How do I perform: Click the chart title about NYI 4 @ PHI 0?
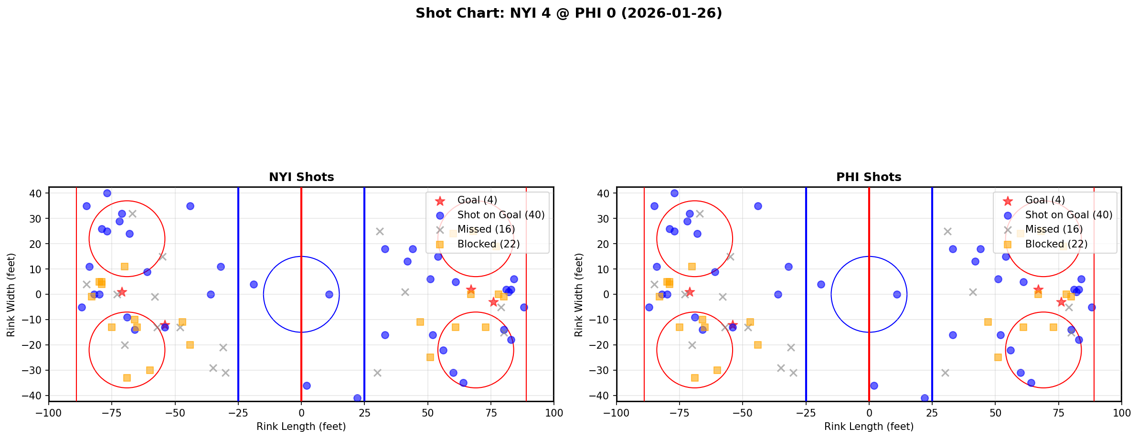[x=568, y=13]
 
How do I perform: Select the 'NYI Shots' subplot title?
[x=301, y=177]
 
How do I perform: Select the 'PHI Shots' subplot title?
[x=869, y=177]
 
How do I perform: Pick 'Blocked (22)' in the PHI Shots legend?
[x=1056, y=244]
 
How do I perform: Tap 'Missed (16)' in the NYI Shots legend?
[x=486, y=229]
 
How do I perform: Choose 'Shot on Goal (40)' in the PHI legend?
[x=1069, y=215]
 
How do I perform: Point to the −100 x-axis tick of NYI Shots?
[x=49, y=413]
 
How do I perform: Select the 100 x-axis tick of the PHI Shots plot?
[x=1121, y=413]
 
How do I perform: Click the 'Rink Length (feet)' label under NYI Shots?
[x=301, y=427]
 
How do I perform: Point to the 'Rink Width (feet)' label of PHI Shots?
[x=579, y=295]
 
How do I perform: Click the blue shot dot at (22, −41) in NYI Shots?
[x=357, y=398]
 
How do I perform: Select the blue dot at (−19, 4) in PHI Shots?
[x=821, y=284]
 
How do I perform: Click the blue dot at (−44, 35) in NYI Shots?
[x=190, y=206]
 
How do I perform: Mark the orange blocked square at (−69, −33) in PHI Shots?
[x=695, y=378]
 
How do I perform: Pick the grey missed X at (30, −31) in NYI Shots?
[x=377, y=373]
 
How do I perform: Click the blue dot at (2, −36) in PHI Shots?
[x=874, y=385]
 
